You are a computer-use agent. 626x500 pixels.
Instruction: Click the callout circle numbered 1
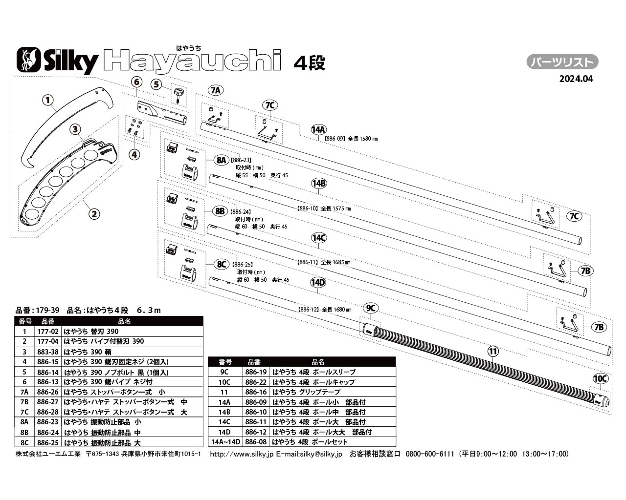click(x=47, y=101)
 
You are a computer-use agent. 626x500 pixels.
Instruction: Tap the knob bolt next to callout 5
click(x=179, y=93)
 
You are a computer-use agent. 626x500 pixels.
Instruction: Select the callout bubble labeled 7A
click(x=216, y=90)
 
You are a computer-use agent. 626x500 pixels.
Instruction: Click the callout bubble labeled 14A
click(x=318, y=129)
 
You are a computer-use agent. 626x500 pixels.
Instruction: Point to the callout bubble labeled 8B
click(x=220, y=211)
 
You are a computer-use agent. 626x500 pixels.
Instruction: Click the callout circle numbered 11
click(x=493, y=351)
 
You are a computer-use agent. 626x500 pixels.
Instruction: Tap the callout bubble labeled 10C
click(x=600, y=378)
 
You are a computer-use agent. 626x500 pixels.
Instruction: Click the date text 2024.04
click(x=576, y=79)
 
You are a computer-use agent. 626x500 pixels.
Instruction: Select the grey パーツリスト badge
click(x=562, y=62)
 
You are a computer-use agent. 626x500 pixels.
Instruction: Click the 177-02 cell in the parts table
click(x=47, y=332)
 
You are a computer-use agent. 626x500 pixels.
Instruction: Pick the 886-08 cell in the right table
click(x=256, y=442)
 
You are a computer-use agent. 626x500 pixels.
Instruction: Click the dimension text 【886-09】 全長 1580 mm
click(x=351, y=139)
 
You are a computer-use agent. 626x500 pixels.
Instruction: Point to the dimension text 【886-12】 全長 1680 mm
click(x=324, y=310)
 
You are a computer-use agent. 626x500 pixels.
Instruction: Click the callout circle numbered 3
click(x=75, y=129)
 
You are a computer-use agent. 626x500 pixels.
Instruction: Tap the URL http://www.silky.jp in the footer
click(x=241, y=454)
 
